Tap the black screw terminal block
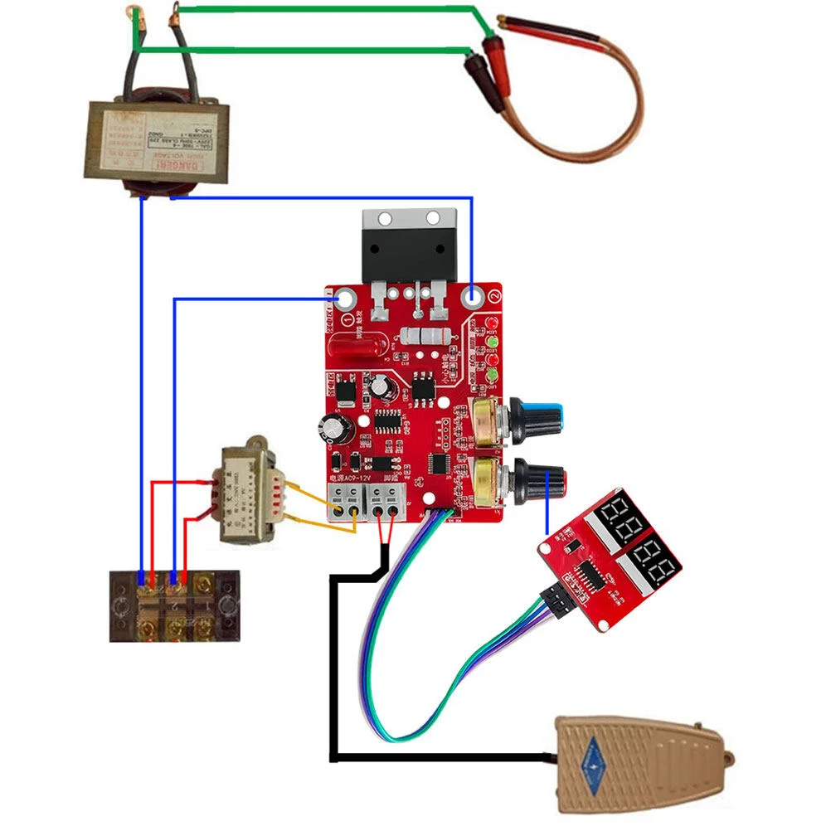coord(175,605)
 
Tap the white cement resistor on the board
coord(425,337)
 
